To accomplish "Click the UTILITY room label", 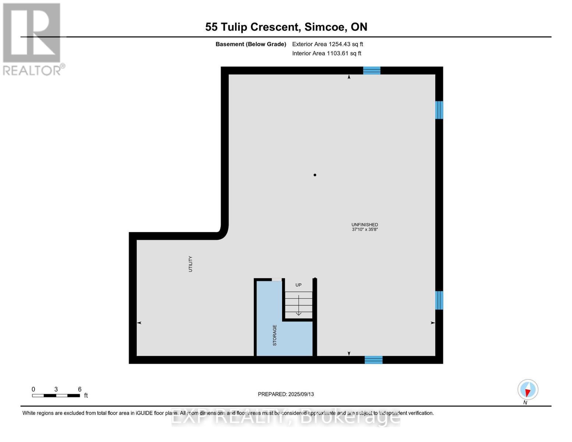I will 190,264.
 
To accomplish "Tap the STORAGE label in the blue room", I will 274,335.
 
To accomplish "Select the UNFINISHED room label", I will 365,224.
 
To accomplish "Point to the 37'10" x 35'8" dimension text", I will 365,229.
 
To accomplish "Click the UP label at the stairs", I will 298,285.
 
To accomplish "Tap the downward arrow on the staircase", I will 298,306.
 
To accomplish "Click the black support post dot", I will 315,175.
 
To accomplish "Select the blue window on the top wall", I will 372,70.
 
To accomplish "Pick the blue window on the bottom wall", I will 373,360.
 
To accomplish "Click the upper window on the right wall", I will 439,110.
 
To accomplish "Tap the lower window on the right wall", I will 439,300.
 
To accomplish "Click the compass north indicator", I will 528,390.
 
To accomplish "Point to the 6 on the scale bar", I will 80,389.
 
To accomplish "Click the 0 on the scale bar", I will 34,389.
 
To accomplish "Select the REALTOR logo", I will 32,39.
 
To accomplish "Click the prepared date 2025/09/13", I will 301,394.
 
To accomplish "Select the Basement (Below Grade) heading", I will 251,44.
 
